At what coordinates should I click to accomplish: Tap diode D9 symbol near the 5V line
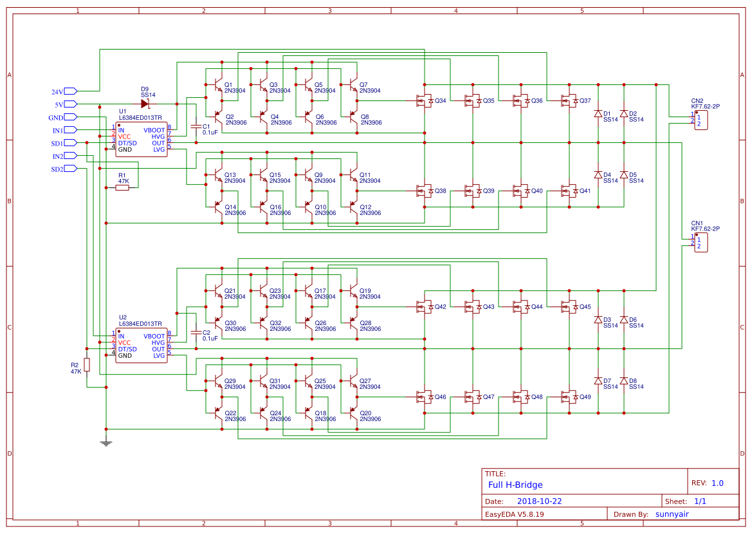coord(145,104)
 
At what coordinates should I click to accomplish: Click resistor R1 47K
coord(122,188)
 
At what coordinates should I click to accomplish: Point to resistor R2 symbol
coord(87,365)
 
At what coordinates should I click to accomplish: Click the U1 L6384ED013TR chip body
coord(141,139)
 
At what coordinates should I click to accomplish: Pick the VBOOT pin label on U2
coord(154,336)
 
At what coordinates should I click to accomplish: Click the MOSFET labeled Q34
coord(425,100)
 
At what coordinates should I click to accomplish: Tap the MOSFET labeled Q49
coord(569,397)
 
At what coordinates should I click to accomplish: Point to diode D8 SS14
coord(623,380)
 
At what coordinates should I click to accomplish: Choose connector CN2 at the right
coord(701,120)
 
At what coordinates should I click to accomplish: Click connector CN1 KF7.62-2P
coord(701,242)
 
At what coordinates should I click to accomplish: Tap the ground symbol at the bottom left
coord(106,442)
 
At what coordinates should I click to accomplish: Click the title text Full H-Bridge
coord(515,485)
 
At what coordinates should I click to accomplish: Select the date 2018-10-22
coord(540,501)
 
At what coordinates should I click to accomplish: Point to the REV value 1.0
coord(717,483)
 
